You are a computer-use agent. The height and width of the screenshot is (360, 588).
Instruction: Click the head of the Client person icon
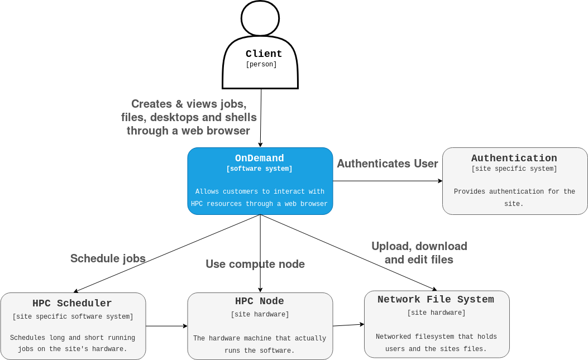(x=260, y=18)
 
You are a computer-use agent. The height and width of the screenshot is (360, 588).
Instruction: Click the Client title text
(x=264, y=54)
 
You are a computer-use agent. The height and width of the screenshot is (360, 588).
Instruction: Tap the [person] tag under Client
(x=261, y=65)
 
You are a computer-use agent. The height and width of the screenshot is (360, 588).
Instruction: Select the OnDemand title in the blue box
(x=259, y=159)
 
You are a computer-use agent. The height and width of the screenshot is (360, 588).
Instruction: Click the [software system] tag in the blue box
(x=259, y=169)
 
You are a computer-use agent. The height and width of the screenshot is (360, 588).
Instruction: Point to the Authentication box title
(x=514, y=159)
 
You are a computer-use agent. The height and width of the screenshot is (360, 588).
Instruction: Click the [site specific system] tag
(x=514, y=169)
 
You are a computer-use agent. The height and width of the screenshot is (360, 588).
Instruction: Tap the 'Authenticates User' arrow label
(x=387, y=164)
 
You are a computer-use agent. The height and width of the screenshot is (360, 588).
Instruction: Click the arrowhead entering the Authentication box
(x=440, y=181)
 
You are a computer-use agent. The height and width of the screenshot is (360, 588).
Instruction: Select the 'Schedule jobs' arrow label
(x=108, y=258)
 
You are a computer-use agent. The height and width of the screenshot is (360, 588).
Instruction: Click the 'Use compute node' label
(x=255, y=264)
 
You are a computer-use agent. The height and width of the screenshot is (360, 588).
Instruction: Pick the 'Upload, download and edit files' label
(x=419, y=253)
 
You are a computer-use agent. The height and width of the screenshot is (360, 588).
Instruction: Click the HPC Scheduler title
(x=72, y=304)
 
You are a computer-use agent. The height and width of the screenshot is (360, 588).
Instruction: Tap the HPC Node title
(x=259, y=301)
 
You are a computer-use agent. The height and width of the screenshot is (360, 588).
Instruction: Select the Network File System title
(x=436, y=300)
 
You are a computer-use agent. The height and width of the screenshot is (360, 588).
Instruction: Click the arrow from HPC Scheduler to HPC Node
(x=166, y=326)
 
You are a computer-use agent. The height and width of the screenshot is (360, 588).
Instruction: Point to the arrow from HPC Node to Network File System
(x=348, y=325)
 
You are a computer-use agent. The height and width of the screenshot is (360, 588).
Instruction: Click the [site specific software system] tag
(x=73, y=317)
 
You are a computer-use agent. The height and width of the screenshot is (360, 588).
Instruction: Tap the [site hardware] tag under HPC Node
(x=260, y=315)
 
